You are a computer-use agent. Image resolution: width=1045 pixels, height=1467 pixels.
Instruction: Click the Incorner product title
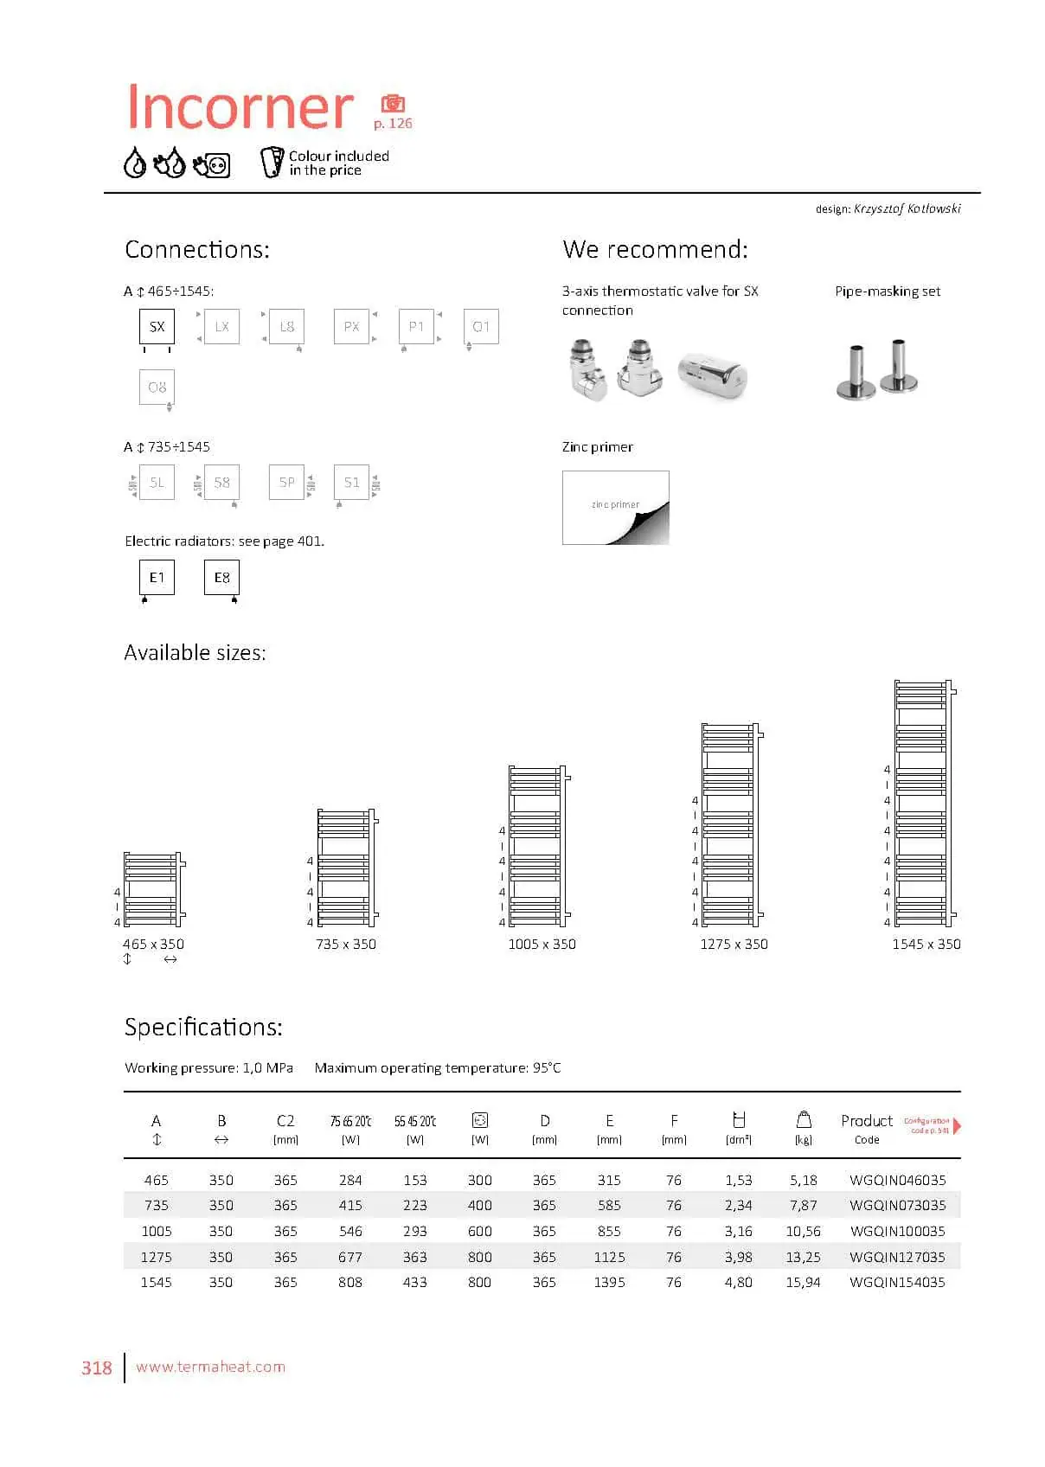click(x=240, y=107)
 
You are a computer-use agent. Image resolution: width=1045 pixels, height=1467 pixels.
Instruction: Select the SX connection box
click(x=157, y=327)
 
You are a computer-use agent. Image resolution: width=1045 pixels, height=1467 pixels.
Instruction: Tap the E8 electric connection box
click(x=221, y=578)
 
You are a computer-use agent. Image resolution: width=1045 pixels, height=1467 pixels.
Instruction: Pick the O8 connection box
click(x=157, y=388)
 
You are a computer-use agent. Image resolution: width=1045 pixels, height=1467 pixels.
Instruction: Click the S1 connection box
click(x=351, y=483)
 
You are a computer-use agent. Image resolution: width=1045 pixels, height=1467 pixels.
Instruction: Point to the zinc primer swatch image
click(x=615, y=508)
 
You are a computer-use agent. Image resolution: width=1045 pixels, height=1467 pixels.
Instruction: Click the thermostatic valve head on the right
click(x=712, y=375)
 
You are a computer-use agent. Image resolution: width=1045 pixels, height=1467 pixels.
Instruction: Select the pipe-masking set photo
click(x=877, y=370)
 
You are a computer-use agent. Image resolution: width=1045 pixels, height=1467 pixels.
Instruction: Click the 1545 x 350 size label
click(x=926, y=945)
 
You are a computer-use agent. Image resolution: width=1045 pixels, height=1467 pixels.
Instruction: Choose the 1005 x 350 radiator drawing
click(x=537, y=846)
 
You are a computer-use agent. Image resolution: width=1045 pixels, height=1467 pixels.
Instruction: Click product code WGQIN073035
click(x=897, y=1205)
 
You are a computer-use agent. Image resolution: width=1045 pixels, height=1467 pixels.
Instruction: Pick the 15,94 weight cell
click(x=803, y=1282)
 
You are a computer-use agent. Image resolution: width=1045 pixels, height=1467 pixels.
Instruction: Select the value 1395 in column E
click(x=609, y=1282)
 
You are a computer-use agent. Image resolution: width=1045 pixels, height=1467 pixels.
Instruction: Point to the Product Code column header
click(x=867, y=1128)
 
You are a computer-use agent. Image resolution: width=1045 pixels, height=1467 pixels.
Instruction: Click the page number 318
click(x=97, y=1368)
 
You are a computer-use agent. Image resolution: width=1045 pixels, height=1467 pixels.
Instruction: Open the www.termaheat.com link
click(x=210, y=1367)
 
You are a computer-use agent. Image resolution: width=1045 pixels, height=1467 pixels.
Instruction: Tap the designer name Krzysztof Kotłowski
click(x=907, y=208)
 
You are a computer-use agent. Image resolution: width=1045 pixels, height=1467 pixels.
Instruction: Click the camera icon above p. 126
click(x=393, y=104)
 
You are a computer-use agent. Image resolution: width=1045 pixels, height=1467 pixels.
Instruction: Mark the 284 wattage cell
click(x=350, y=1180)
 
